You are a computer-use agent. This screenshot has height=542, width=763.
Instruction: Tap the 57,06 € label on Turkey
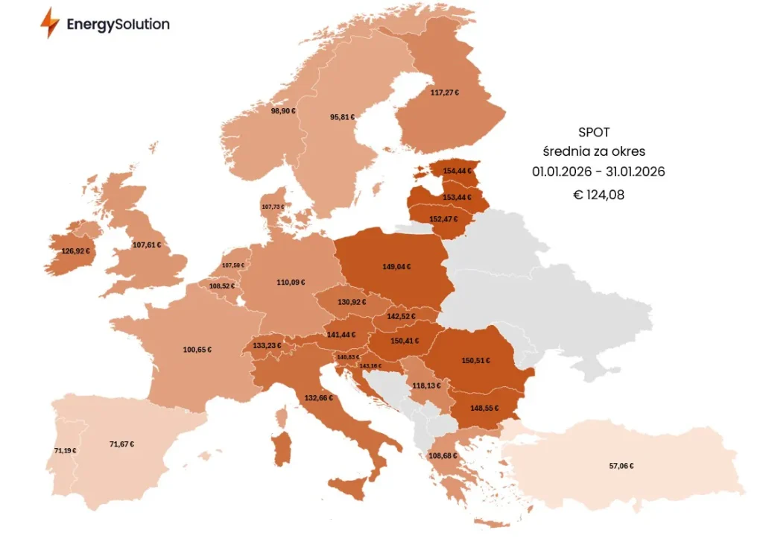(x=621, y=466)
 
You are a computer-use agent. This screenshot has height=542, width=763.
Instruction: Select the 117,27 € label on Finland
(x=445, y=93)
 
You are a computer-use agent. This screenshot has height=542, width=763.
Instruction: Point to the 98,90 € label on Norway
(x=283, y=110)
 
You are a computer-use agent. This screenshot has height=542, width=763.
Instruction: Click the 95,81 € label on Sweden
(x=343, y=117)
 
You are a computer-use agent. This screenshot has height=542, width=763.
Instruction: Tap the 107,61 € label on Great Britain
(x=147, y=245)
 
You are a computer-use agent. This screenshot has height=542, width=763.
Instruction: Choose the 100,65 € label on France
(x=197, y=349)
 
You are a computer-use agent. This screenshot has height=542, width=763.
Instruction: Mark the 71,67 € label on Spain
(x=121, y=444)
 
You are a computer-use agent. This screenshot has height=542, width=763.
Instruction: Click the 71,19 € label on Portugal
(x=65, y=450)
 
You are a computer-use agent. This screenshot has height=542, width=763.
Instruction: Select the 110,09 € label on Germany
(x=291, y=283)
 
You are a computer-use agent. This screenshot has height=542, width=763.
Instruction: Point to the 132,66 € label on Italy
(x=318, y=397)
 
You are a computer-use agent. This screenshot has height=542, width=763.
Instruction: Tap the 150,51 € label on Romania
(x=475, y=361)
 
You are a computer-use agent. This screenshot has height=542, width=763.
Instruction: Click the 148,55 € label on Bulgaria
(x=484, y=408)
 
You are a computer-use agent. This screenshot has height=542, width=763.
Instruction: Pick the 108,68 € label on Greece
(x=443, y=456)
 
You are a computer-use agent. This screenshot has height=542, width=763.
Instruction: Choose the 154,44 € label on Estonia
(x=457, y=171)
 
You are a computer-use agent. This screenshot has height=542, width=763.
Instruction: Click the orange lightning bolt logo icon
(x=50, y=23)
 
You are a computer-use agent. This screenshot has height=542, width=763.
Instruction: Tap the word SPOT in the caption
(x=594, y=132)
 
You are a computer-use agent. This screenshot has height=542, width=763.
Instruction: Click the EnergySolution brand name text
(x=118, y=24)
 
